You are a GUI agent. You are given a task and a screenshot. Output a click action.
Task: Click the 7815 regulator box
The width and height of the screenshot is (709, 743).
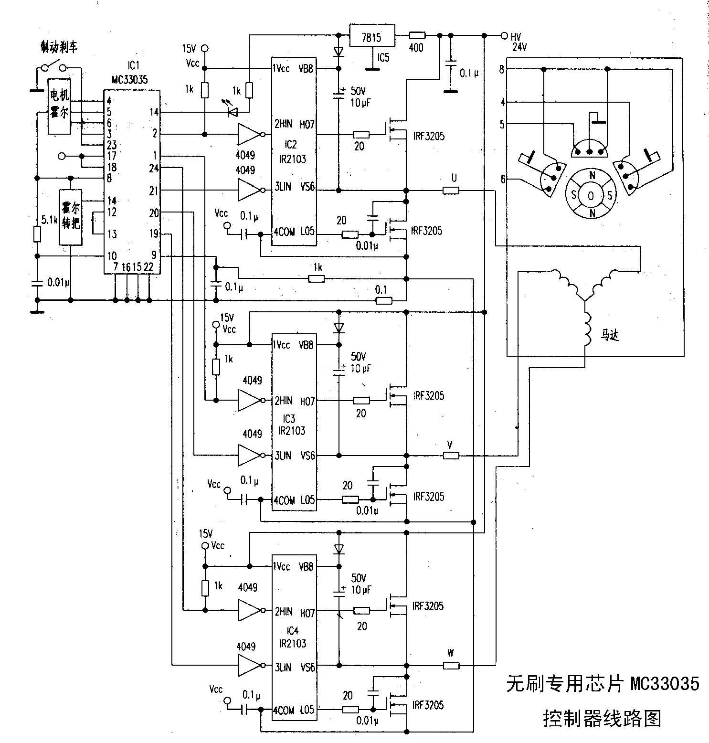click(x=372, y=35)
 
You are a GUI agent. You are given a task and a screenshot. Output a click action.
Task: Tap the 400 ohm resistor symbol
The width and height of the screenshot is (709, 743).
click(x=417, y=35)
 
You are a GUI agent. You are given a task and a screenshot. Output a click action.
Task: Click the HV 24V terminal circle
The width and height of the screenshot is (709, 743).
click(x=504, y=35)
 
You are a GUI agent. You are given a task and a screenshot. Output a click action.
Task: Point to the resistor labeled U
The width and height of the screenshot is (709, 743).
click(x=451, y=191)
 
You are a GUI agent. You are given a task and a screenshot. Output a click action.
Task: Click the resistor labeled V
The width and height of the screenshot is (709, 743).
click(x=451, y=456)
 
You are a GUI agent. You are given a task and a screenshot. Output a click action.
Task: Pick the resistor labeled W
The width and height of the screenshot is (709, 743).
click(x=451, y=666)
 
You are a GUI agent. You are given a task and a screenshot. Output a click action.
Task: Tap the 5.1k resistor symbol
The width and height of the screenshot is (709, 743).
click(x=37, y=234)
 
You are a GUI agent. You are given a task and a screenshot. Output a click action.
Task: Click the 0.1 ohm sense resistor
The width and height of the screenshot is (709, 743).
click(x=383, y=300)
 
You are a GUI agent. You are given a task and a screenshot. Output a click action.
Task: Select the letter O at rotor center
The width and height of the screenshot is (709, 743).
click(x=591, y=196)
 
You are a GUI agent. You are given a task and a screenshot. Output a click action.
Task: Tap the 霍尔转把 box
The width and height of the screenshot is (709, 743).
click(x=70, y=217)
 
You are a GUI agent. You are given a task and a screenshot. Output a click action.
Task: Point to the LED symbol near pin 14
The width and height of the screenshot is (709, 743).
click(x=233, y=112)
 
